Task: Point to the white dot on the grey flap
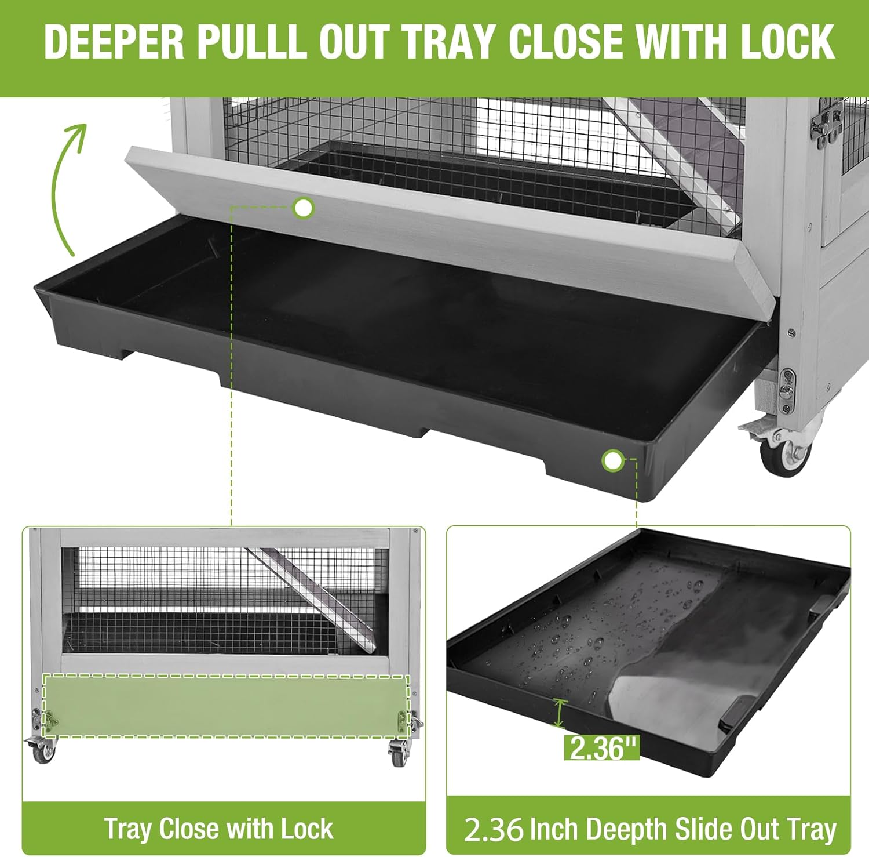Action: coord(303,208)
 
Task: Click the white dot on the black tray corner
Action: coord(612,461)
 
